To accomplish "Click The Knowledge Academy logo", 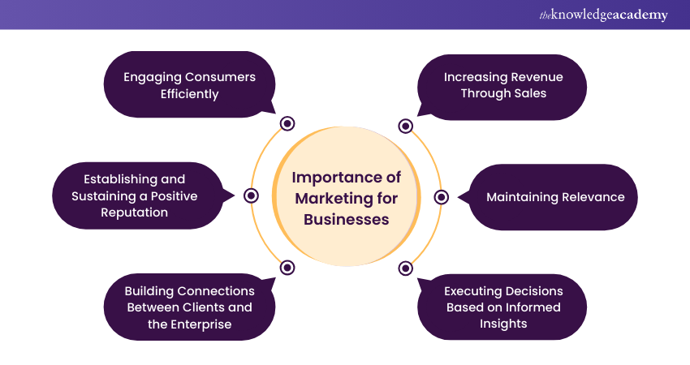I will click(603, 15).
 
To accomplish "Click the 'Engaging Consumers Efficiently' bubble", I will click(189, 85).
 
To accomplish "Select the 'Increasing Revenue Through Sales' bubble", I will click(502, 85).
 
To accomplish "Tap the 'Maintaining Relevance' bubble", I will click(554, 197).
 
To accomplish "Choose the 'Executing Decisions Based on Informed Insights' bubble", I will click(502, 307).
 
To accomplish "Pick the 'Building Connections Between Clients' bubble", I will click(189, 307).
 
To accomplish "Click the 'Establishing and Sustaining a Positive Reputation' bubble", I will click(135, 195).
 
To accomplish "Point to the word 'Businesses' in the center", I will click(347, 219).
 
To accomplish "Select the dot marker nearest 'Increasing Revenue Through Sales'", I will click(406, 126).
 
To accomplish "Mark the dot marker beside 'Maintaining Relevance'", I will click(442, 197).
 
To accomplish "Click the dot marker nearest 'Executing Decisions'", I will click(406, 268).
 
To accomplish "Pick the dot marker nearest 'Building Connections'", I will click(287, 268).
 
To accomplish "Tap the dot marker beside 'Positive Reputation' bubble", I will click(252, 195).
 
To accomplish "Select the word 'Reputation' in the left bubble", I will click(135, 213).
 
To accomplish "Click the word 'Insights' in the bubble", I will click(502, 324).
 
